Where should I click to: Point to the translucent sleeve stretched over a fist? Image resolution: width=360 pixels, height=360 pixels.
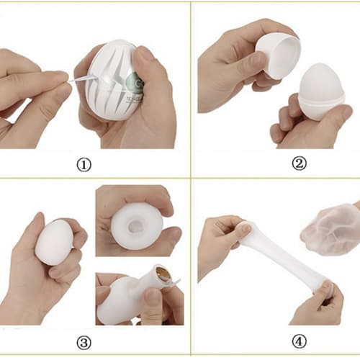point(328,227)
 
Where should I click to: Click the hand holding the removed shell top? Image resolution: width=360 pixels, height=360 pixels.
point(230,58)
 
